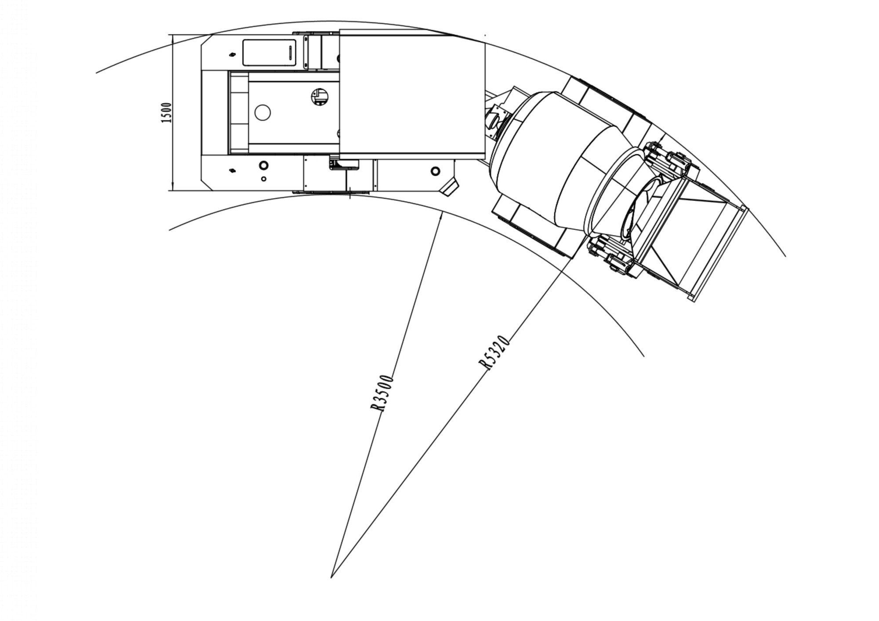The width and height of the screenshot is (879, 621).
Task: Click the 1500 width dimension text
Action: pyautogui.click(x=166, y=113)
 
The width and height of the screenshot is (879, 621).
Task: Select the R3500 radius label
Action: pyautogui.click(x=381, y=393)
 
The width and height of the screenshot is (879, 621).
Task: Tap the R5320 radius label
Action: pyautogui.click(x=494, y=352)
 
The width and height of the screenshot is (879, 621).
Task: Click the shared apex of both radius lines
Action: pyautogui.click(x=331, y=577)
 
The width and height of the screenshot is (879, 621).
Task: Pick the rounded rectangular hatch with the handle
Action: pyautogui.click(x=269, y=53)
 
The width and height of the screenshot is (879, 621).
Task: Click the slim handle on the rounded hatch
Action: pyautogui.click(x=290, y=53)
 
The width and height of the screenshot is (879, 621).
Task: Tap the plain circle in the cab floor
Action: pyautogui.click(x=262, y=113)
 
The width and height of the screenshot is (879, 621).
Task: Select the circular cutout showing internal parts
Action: pyautogui.click(x=320, y=97)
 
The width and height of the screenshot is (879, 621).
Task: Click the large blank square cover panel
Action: pyautogui.click(x=412, y=94)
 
